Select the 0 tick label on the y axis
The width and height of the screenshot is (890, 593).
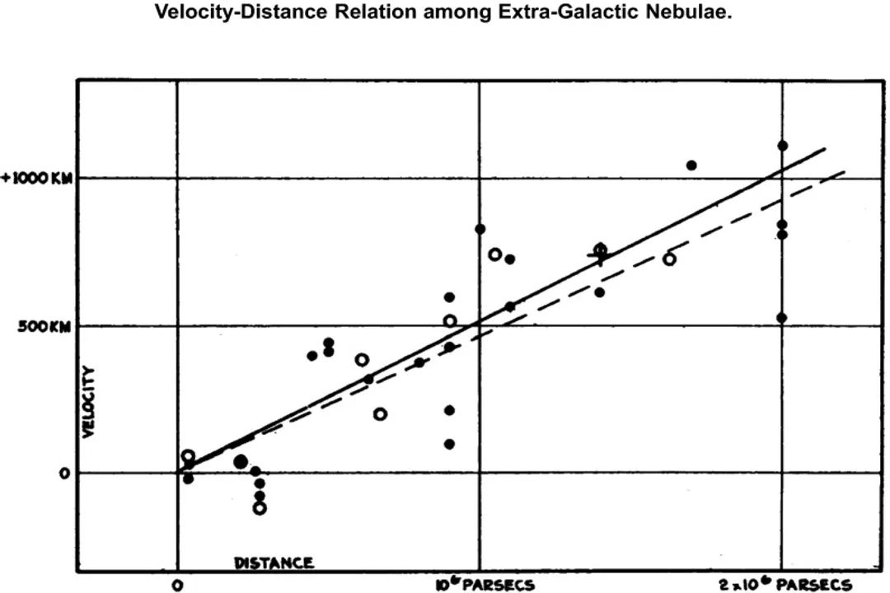click(63, 474)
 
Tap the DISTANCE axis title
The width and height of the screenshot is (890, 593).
click(274, 563)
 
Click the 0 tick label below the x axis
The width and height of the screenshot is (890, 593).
click(177, 586)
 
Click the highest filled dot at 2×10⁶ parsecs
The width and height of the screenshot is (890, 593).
click(782, 146)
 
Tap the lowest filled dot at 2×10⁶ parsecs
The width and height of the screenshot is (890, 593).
click(781, 317)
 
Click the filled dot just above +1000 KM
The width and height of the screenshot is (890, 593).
click(691, 166)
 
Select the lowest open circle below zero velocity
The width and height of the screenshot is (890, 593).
click(260, 508)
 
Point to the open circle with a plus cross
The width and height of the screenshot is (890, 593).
click(600, 250)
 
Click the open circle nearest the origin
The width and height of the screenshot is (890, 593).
click(188, 456)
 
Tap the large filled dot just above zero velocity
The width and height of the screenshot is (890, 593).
click(241, 462)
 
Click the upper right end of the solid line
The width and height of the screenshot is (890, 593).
click(825, 149)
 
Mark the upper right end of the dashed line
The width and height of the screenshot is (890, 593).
click(845, 171)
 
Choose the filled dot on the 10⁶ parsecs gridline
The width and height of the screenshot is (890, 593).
click(480, 229)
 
